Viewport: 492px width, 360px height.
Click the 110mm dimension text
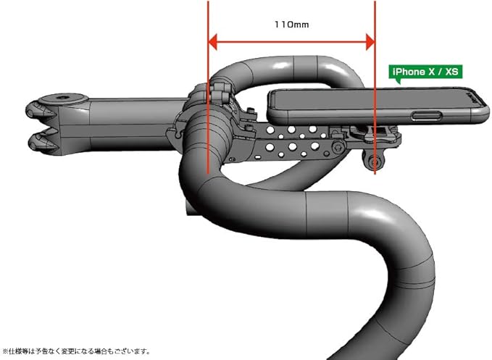pyautogui.click(x=291, y=24)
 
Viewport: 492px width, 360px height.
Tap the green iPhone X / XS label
pyautogui.click(x=425, y=72)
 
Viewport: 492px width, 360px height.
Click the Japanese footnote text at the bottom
pyautogui.click(x=75, y=351)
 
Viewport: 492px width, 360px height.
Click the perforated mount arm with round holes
pyautogui.click(x=290, y=141)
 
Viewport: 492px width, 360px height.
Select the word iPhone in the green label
pyautogui.click(x=409, y=72)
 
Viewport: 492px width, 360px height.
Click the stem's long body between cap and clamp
pyautogui.click(x=123, y=123)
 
